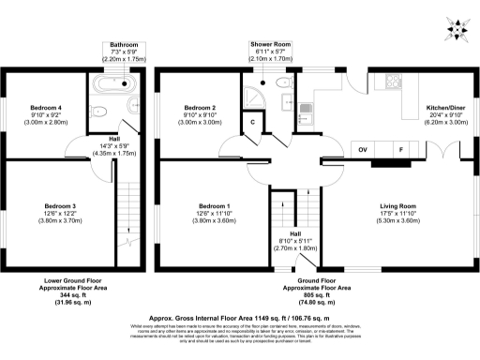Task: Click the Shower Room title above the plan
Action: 270,43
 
